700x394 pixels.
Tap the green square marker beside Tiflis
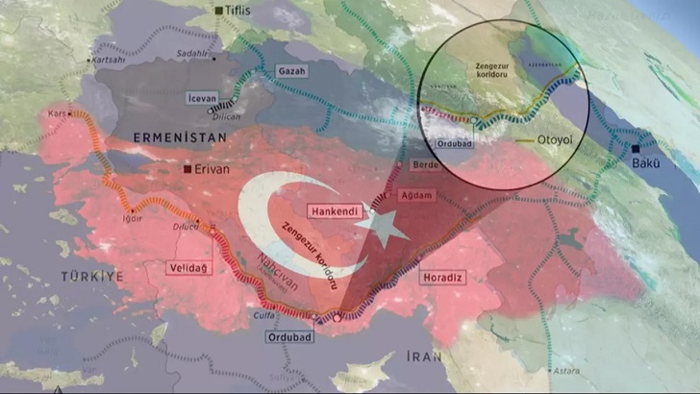point(220,11)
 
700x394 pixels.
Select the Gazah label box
point(290,72)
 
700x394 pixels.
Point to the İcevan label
point(202,98)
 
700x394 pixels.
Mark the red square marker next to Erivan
point(187,169)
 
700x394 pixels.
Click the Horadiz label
point(442,278)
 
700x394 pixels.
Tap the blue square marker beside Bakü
point(637,149)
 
